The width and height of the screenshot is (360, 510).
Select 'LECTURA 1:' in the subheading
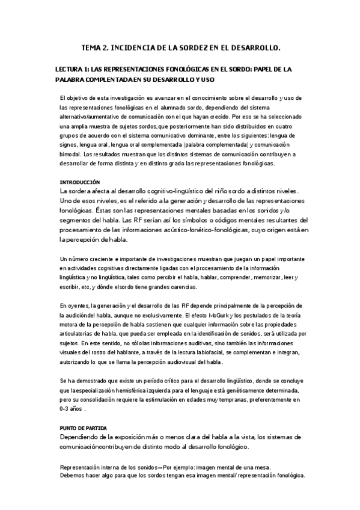(x=72, y=69)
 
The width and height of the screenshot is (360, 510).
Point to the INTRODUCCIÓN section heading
(x=79, y=182)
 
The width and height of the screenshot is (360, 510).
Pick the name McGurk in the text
(x=219, y=315)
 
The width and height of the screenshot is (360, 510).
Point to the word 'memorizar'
(x=258, y=277)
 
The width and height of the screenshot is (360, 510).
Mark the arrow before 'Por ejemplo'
(x=159, y=467)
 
